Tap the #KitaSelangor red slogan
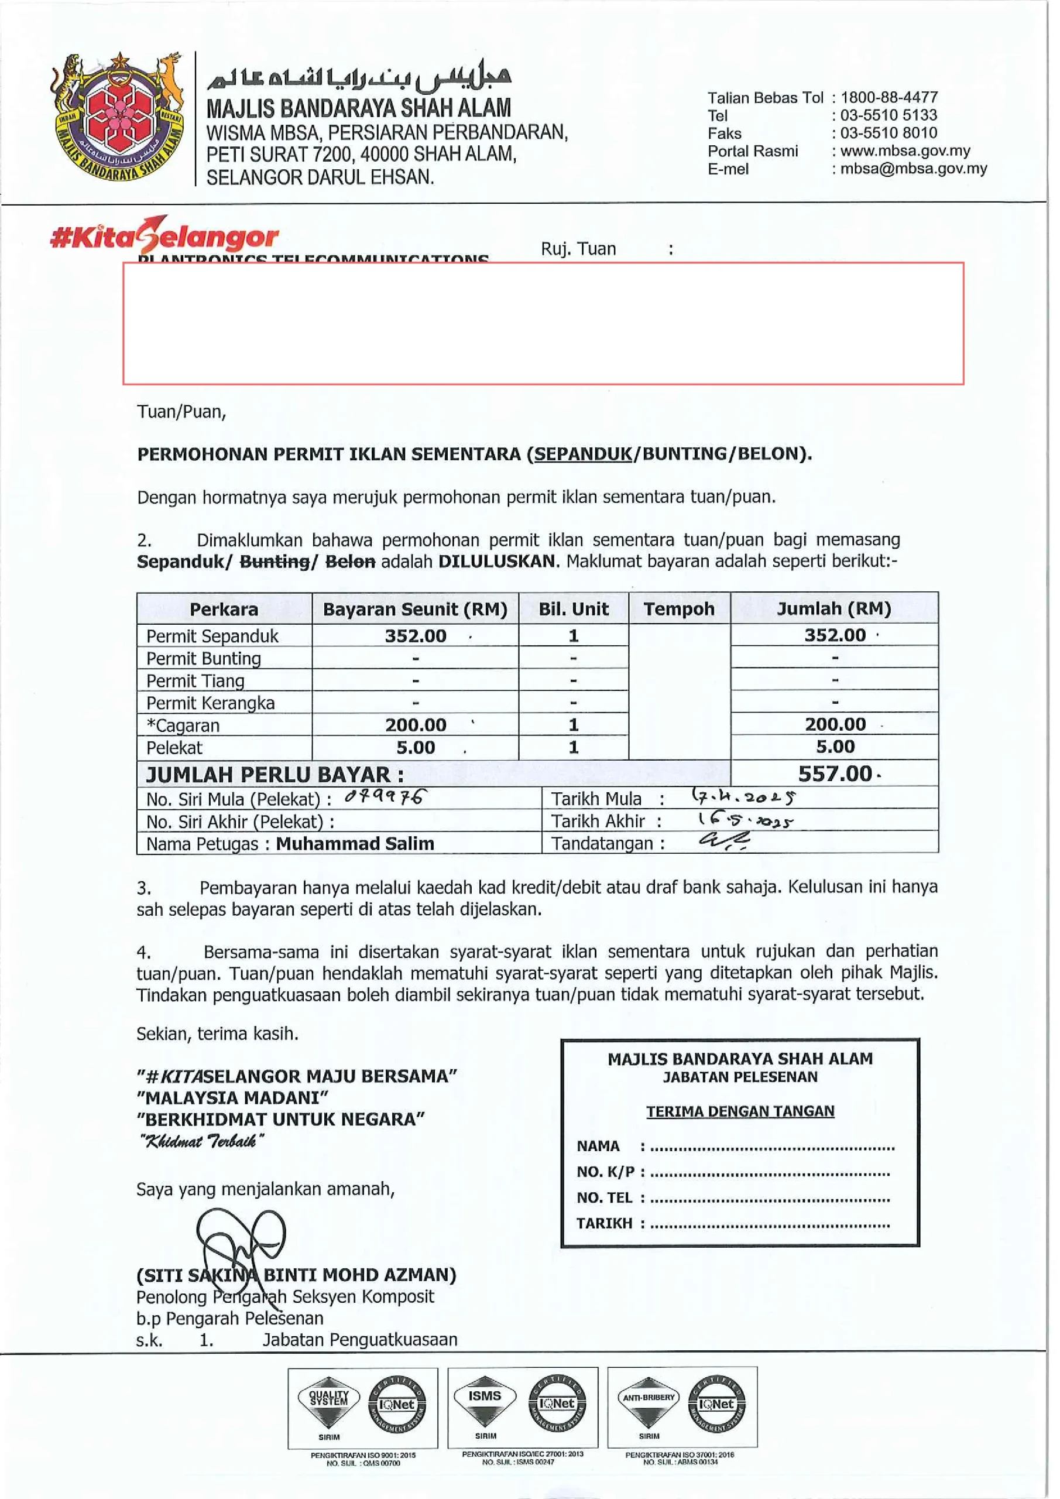coord(164,237)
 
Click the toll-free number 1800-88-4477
coord(889,97)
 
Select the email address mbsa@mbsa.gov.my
coord(913,169)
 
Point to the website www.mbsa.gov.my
coord(905,151)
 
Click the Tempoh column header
coord(679,609)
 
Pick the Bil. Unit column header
coord(573,609)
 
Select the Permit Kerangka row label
coord(210,703)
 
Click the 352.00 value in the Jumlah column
coord(835,635)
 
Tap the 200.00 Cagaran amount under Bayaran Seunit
coord(416,725)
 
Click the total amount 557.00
coord(835,774)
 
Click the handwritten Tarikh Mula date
coord(743,797)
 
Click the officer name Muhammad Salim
coord(355,844)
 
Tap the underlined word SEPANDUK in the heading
coord(583,454)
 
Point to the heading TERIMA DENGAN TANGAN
coord(740,1111)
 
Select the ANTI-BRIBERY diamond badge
coord(648,1403)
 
